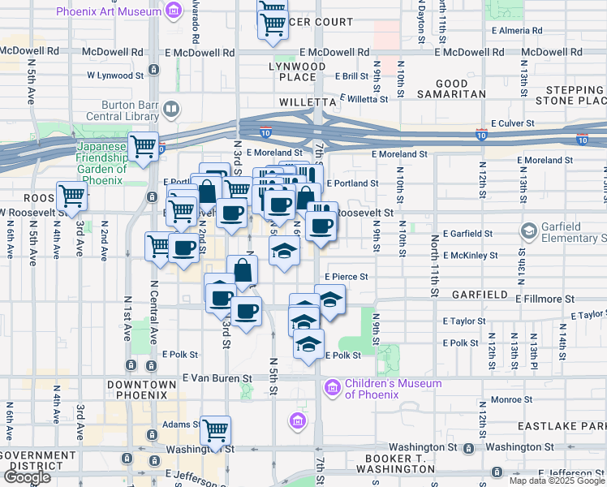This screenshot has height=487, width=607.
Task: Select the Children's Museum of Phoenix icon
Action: (x=331, y=389)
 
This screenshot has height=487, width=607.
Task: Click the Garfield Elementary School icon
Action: (x=529, y=232)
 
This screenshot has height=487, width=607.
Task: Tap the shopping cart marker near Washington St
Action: (x=215, y=430)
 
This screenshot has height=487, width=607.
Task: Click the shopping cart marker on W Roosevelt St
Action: (x=72, y=196)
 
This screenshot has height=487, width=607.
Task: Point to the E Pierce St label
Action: (x=347, y=276)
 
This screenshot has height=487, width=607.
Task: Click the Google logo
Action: (x=27, y=476)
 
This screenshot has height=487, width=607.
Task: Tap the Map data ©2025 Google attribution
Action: (x=557, y=481)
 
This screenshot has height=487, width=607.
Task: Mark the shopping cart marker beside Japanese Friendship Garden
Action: (x=144, y=147)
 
